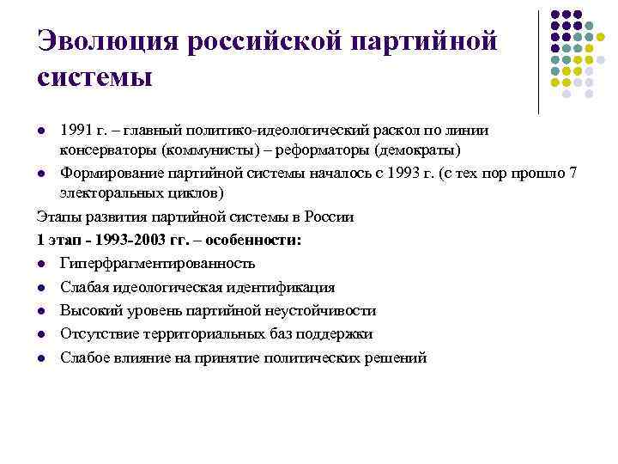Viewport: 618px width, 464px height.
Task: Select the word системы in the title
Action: [94, 76]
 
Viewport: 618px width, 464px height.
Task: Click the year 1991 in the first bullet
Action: [74, 130]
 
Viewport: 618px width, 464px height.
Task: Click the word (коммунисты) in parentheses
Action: [215, 148]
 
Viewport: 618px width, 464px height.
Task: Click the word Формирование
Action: [112, 174]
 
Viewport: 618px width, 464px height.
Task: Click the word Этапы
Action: [59, 216]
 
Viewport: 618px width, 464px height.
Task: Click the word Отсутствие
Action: [97, 333]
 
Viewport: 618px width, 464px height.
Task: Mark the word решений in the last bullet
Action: [397, 357]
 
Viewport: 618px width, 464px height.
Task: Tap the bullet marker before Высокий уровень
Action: [42, 311]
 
